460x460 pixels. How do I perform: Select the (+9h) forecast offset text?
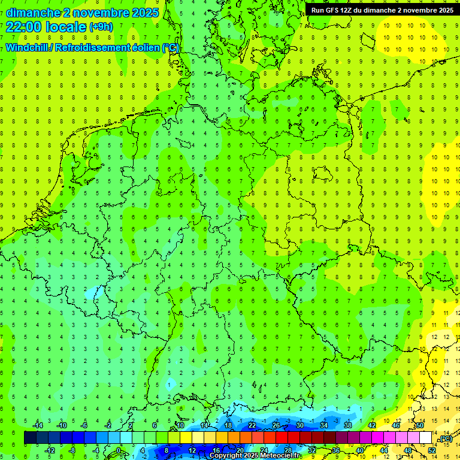tap(100, 27)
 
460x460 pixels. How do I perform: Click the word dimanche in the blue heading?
tap(33, 13)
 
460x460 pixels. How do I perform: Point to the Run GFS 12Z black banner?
tap(382, 10)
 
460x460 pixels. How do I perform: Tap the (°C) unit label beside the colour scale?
tap(445, 439)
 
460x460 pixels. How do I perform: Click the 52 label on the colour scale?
tap(432, 450)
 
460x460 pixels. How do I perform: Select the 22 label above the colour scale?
tap(252, 425)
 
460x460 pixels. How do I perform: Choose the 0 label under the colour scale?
tap(119, 450)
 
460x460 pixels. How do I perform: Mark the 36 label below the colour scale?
tap(336, 450)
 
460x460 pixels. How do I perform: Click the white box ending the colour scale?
tap(426, 438)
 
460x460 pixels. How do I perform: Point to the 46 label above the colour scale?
tap(395, 425)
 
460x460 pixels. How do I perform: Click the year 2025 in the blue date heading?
tap(145, 13)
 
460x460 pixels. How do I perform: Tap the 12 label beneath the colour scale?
tap(192, 450)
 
